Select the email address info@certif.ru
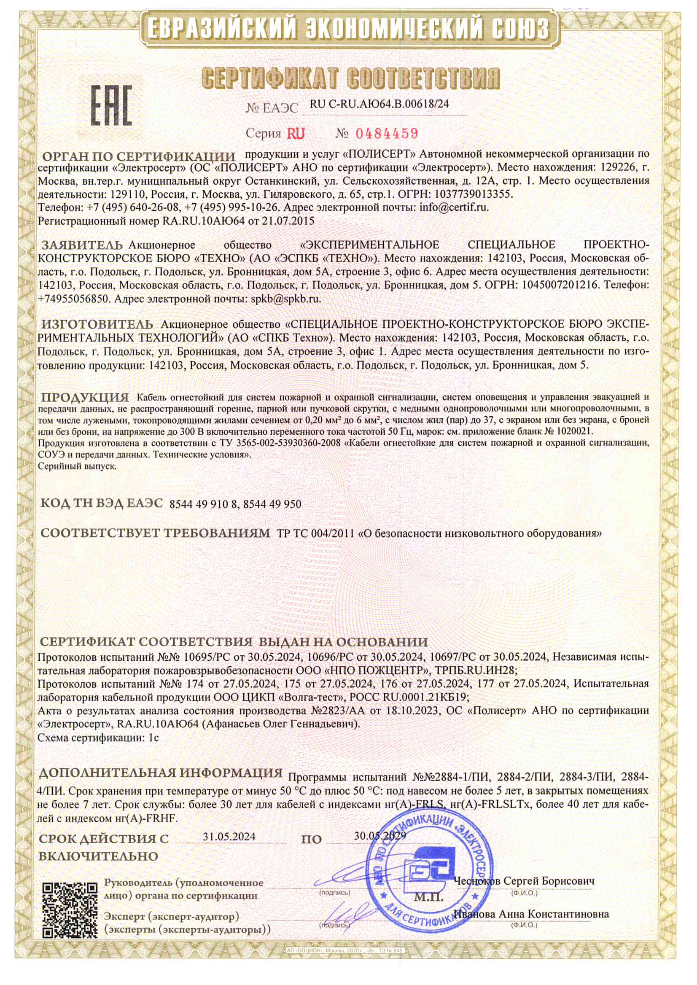454,208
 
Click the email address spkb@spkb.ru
285,299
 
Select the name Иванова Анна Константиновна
532,914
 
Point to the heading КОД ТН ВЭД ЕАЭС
102,503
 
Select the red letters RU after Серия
296,134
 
